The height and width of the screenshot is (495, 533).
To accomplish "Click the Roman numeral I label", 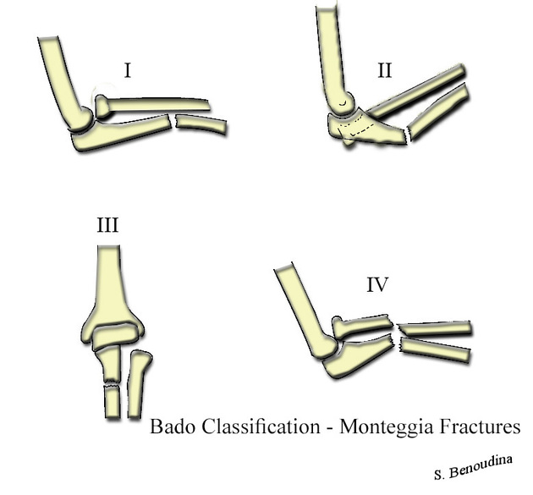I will point(127,69).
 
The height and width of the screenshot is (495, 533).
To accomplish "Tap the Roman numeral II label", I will point(384,70).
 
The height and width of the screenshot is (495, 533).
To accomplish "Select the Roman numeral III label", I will point(107,226).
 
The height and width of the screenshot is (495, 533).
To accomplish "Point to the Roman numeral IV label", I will point(376,285).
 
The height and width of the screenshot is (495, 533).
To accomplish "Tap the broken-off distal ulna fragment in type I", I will point(201,125).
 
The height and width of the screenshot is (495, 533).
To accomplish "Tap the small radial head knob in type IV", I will point(338,323).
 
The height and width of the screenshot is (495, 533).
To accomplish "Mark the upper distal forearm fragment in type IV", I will point(435,328).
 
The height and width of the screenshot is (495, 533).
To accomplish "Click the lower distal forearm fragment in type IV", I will point(436,348).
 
